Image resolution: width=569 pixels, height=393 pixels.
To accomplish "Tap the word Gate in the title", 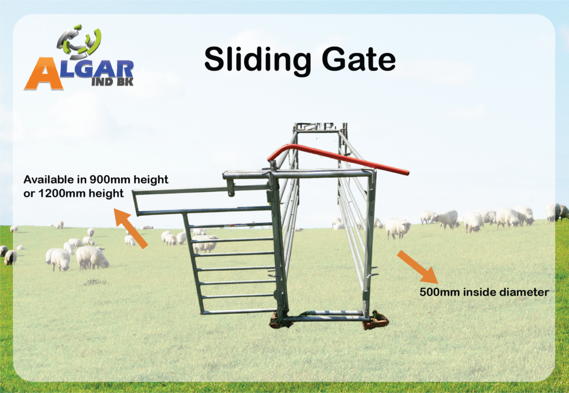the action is pos(358,59).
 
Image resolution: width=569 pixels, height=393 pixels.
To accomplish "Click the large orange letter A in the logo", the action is pos(43,73).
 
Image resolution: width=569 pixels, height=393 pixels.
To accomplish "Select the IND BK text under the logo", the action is pos(112,82).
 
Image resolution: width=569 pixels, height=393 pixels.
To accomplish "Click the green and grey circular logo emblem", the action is pos(79,42).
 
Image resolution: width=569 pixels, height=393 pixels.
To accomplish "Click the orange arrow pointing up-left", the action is pos(131,228).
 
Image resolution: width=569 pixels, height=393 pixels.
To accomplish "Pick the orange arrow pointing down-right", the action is pos(418,267).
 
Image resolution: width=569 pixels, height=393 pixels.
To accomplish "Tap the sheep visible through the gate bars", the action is pos(205,243).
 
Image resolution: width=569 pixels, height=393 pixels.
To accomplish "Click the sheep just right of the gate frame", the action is pos(397,227).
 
